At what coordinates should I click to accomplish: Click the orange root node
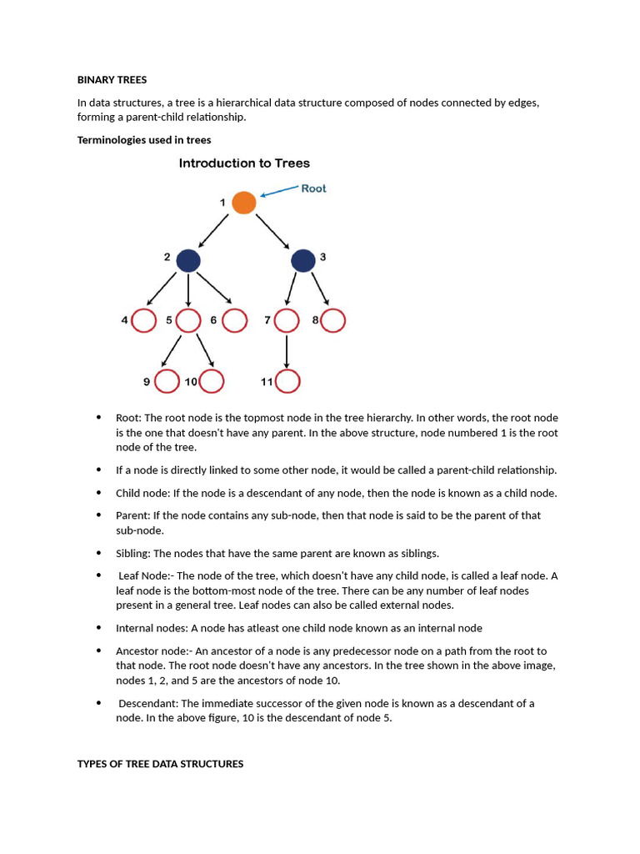point(243,203)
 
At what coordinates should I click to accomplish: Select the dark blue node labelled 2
point(189,261)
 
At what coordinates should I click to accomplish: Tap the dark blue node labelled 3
point(303,261)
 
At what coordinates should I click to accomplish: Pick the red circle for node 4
point(143,320)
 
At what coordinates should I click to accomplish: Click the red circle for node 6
point(235,320)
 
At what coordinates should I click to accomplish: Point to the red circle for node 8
point(333,320)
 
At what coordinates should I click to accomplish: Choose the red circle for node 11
point(287,381)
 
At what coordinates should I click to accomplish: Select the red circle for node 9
point(167,381)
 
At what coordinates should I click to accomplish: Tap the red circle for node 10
point(212,381)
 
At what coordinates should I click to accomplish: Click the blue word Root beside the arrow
point(313,188)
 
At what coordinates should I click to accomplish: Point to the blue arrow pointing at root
point(280,193)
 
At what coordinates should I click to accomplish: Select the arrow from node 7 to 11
point(287,350)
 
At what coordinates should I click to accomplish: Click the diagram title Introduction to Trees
point(244,163)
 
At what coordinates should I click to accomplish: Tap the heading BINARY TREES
point(112,80)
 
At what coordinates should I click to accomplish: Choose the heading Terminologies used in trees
point(144,140)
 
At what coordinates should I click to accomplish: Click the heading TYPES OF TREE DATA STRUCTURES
point(160,763)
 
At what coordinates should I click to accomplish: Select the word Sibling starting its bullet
point(132,553)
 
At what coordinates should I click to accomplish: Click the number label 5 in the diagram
point(169,320)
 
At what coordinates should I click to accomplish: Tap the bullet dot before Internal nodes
point(98,627)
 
